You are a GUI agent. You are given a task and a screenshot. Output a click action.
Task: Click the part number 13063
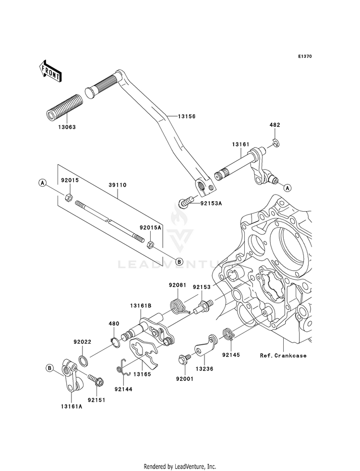pyautogui.click(x=67, y=127)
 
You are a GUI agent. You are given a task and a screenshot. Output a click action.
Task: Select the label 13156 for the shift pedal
pyautogui.click(x=186, y=116)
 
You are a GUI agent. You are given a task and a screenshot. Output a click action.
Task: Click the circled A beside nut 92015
pyautogui.click(x=43, y=182)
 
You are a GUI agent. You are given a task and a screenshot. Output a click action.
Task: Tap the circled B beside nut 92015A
pyautogui.click(x=179, y=261)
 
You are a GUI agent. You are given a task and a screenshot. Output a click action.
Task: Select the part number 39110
pyautogui.click(x=118, y=185)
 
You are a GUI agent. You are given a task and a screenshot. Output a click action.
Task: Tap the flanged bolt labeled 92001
pyautogui.click(x=185, y=360)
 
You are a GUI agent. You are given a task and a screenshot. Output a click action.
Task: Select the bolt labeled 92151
pyautogui.click(x=96, y=380)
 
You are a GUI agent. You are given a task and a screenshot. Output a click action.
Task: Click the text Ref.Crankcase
pyautogui.click(x=283, y=356)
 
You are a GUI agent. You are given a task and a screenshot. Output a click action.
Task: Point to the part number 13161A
pyautogui.click(x=72, y=407)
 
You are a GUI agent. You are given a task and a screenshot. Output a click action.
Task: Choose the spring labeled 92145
pyautogui.click(x=229, y=335)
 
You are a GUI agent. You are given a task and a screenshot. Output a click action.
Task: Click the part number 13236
pyautogui.click(x=204, y=369)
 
